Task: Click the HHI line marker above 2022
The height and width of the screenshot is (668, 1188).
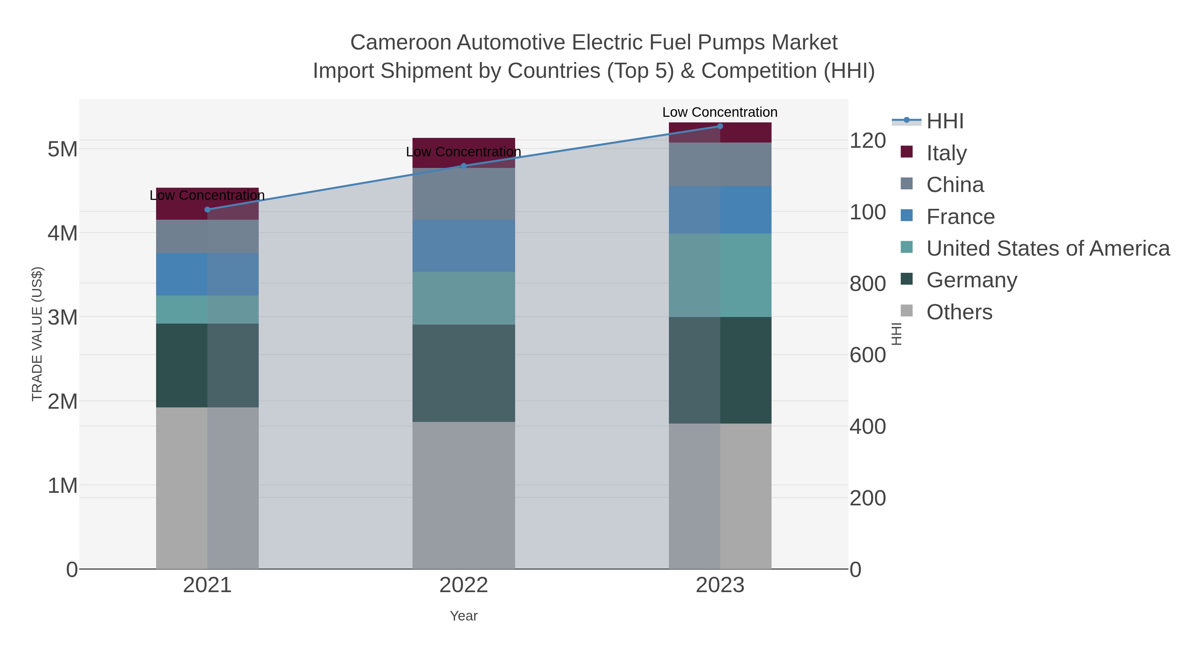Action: (464, 166)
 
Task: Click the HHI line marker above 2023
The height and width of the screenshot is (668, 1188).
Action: (720, 126)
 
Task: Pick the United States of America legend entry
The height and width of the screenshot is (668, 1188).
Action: (1047, 248)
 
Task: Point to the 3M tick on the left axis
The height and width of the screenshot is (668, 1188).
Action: (63, 317)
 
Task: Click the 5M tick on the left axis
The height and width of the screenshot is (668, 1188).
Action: (63, 149)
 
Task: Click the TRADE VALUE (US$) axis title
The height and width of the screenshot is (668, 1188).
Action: (37, 334)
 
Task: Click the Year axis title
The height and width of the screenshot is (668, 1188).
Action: (464, 616)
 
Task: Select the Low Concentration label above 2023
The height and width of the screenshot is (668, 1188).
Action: (720, 112)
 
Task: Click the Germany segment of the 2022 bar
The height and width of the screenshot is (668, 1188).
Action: (464, 373)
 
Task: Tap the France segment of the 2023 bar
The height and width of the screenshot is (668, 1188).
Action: (720, 210)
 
